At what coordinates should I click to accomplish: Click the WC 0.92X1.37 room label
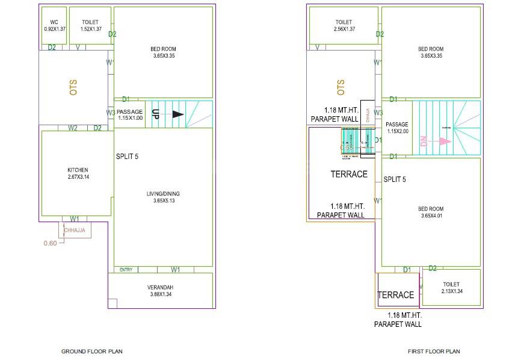[53, 25]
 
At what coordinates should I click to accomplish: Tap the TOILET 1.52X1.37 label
[90, 25]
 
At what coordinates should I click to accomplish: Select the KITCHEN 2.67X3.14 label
[78, 173]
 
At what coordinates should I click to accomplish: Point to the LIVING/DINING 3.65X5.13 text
[162, 197]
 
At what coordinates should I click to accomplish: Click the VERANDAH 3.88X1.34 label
[160, 291]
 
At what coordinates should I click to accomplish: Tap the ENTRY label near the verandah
[126, 270]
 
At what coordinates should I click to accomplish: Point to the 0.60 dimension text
[50, 243]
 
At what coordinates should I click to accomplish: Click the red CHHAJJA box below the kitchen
[75, 230]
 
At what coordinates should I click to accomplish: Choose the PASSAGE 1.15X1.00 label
[130, 114]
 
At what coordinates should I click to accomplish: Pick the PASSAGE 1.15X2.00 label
[398, 128]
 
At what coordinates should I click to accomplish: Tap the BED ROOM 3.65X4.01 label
[431, 213]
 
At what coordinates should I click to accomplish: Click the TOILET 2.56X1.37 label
[344, 25]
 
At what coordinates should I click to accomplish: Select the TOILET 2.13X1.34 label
[451, 288]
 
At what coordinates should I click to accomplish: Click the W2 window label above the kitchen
[73, 128]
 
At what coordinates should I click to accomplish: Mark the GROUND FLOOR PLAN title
[92, 351]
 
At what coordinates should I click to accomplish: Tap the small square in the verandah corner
[113, 303]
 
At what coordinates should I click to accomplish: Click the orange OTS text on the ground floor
[73, 87]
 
